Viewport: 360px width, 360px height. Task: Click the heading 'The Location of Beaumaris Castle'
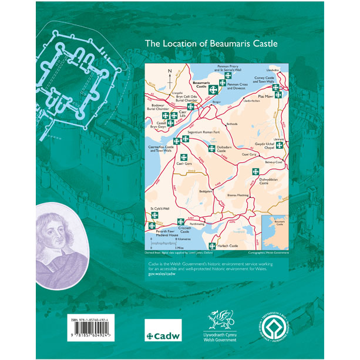[x=211, y=43]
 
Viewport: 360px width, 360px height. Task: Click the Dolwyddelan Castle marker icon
[x=255, y=172]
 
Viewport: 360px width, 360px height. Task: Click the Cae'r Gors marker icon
[x=183, y=157]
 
